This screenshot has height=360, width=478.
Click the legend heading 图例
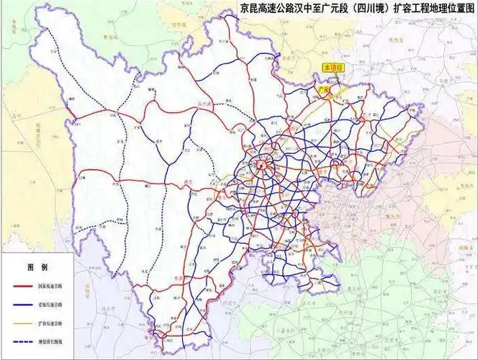[37, 267]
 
